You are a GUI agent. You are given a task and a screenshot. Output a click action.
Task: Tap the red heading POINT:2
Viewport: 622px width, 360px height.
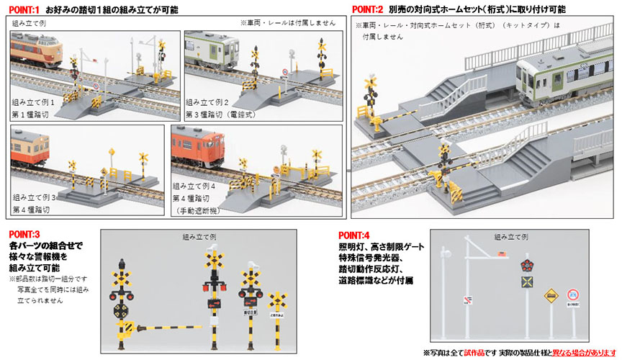click(372, 9)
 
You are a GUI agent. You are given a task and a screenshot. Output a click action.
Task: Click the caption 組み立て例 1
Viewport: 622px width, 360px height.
click(43, 102)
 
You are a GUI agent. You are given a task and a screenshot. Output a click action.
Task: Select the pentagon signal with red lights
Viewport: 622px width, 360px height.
click(528, 261)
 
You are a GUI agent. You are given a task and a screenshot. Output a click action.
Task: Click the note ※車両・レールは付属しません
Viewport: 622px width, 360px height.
click(287, 23)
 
